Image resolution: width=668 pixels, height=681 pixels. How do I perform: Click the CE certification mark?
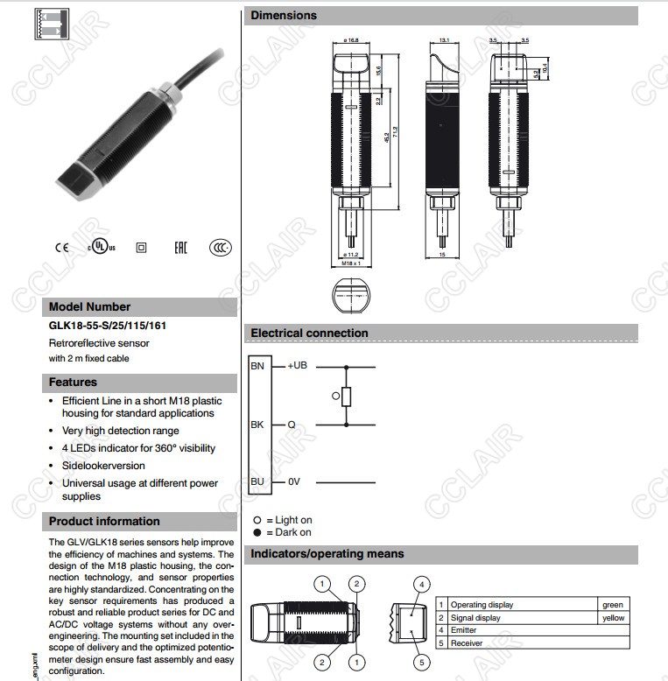tap(61, 248)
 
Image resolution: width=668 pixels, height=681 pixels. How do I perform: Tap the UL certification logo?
tap(101, 248)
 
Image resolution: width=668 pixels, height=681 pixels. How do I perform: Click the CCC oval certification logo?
tap(221, 248)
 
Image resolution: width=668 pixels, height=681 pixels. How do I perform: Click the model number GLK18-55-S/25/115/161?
tap(108, 326)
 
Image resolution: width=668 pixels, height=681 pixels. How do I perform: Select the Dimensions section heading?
tap(285, 15)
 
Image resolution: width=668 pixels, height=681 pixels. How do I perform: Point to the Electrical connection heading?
tap(310, 333)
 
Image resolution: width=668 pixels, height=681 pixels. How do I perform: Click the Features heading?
tap(74, 383)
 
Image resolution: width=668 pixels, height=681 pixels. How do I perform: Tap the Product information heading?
tap(104, 522)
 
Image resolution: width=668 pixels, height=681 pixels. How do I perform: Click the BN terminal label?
tap(257, 366)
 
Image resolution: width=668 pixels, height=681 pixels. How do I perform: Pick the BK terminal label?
tap(257, 425)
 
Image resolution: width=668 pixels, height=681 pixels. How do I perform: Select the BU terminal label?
tap(257, 482)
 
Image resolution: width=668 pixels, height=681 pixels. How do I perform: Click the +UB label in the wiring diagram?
tap(298, 366)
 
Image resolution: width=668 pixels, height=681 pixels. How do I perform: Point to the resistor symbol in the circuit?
tap(347, 397)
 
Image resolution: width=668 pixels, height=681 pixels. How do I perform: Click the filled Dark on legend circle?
tap(257, 532)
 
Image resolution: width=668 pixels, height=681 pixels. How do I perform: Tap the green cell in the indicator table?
tap(613, 605)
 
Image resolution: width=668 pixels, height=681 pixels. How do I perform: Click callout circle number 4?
tap(421, 585)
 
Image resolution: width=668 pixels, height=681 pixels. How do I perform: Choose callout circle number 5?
tap(421, 663)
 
